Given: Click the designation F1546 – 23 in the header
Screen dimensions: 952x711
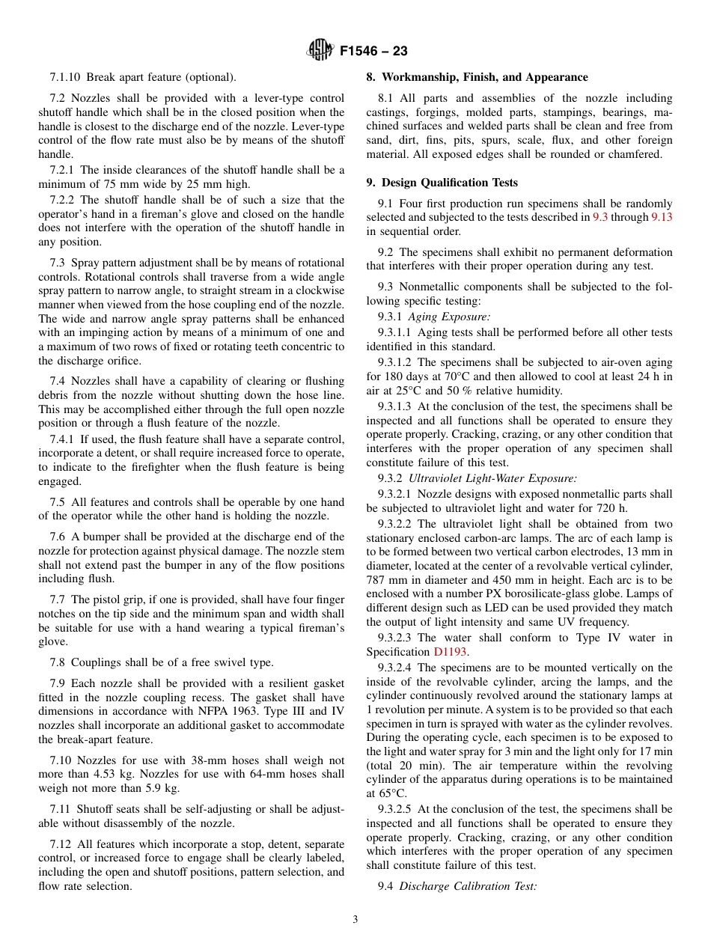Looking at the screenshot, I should (373, 52).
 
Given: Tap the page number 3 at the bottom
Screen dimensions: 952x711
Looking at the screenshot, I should (355, 919).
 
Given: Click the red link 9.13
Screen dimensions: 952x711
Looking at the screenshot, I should (662, 217).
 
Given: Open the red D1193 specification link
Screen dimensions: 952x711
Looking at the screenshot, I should (451, 652).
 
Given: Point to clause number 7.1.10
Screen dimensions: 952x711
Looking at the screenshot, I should (66, 77).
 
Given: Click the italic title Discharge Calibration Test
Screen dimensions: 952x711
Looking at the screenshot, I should (468, 886).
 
